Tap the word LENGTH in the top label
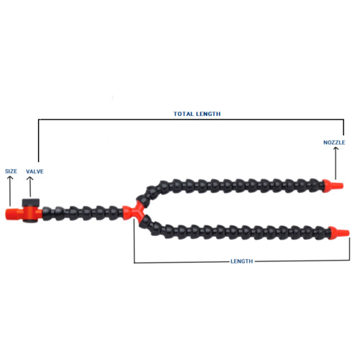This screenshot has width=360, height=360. click(209, 114)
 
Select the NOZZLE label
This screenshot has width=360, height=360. click(334, 143)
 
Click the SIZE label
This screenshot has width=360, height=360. click(11, 171)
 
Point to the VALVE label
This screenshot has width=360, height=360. click(35, 171)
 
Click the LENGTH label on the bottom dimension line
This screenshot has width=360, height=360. click(242, 261)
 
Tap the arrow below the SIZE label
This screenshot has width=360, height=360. click(10, 191)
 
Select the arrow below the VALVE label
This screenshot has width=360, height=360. click(30, 186)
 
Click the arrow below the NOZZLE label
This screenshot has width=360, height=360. click(336, 163)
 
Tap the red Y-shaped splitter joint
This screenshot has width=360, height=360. click(134, 211)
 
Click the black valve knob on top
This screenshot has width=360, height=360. click(30, 203)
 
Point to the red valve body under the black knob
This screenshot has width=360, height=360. click(30, 213)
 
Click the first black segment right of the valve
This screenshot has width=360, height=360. click(48, 213)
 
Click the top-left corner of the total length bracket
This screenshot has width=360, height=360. click(38, 119)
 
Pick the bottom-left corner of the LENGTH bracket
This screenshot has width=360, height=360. click(134, 263)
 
